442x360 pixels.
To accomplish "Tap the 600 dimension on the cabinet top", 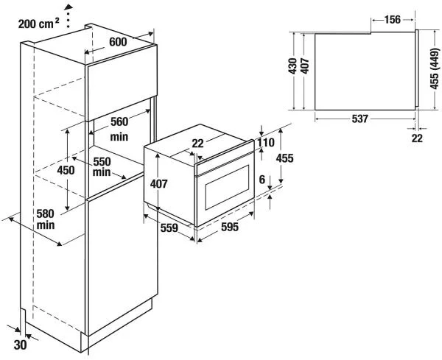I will pyautogui.click(x=117, y=43).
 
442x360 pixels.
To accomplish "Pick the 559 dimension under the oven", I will pyautogui.click(x=169, y=228).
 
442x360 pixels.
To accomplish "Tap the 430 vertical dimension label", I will pyautogui.click(x=292, y=68).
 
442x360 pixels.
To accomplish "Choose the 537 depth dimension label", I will pyautogui.click(x=360, y=119).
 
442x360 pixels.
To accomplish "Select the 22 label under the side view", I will pyautogui.click(x=418, y=137).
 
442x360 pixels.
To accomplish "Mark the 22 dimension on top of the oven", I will pyautogui.click(x=197, y=143).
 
